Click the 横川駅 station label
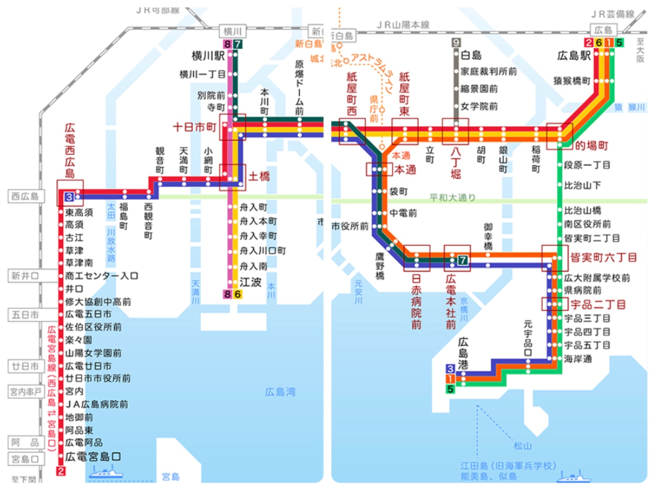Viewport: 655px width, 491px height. point(209,56)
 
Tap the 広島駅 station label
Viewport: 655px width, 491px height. point(574,56)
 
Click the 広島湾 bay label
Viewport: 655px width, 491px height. point(280,392)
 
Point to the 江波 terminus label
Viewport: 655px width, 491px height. point(251,282)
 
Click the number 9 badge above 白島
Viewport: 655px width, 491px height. point(456,43)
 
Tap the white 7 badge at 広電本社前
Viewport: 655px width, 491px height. point(463,260)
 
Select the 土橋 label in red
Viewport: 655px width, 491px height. point(259,177)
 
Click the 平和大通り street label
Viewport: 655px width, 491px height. point(452,197)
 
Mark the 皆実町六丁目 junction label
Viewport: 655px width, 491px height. point(604,257)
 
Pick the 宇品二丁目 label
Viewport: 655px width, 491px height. point(598,305)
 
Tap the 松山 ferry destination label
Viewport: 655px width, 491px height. point(522,446)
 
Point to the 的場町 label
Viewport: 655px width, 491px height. point(592,146)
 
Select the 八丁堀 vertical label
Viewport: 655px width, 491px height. point(456,163)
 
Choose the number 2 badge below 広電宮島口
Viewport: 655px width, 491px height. point(61,471)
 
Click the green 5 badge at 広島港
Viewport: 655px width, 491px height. point(450,389)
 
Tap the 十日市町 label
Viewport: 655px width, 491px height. point(194,127)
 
